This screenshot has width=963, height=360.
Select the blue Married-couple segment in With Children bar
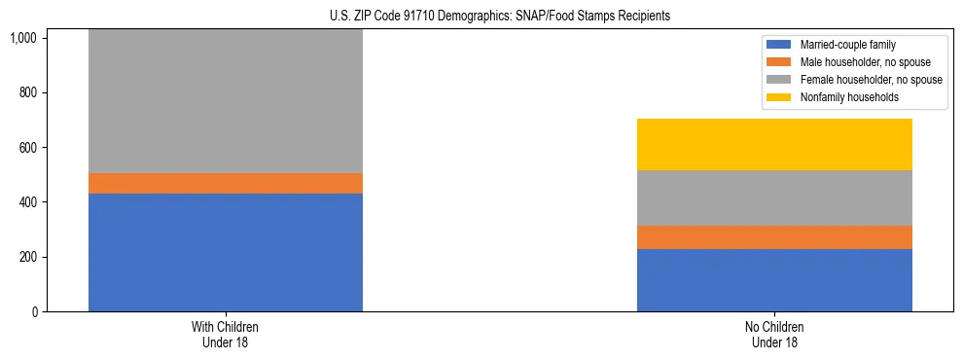click(x=226, y=252)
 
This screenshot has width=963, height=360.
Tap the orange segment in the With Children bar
click(x=226, y=183)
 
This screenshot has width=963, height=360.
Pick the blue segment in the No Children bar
click(x=774, y=280)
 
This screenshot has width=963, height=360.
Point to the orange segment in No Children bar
click(x=774, y=237)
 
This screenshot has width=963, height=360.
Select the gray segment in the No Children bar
click(x=774, y=198)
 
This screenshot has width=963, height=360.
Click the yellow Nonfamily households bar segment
click(x=774, y=144)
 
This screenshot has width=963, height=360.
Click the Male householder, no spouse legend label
click(x=857, y=62)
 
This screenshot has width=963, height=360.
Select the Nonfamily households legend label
click(x=844, y=97)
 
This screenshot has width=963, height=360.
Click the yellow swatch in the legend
click(x=779, y=97)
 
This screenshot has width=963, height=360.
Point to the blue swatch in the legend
click(x=779, y=45)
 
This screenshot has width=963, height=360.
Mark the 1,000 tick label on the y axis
click(x=23, y=38)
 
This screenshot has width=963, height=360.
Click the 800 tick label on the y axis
click(x=27, y=92)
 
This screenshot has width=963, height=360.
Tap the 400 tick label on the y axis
click(x=27, y=202)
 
